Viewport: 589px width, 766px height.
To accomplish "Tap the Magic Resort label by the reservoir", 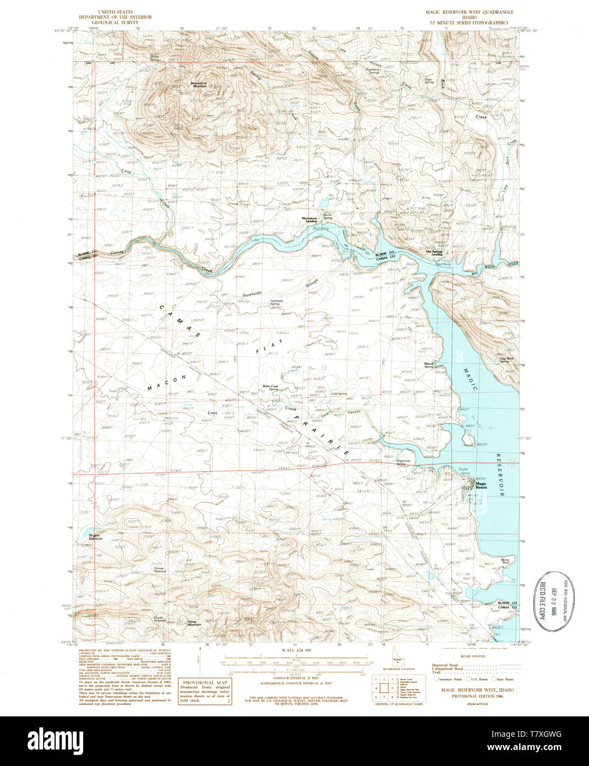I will coord(481,486).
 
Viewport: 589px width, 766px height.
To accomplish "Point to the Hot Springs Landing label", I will coord(436,253).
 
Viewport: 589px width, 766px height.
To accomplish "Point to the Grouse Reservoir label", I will coord(160,570).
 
